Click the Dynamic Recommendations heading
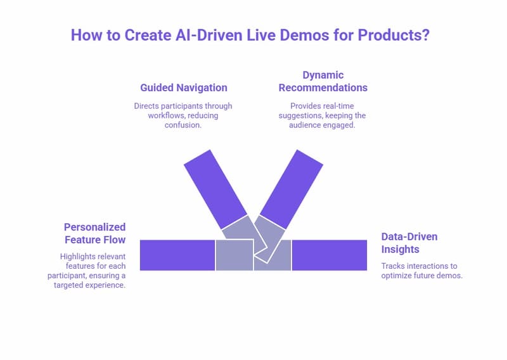(x=323, y=81)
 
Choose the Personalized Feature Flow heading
(x=94, y=233)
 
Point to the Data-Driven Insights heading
(x=409, y=243)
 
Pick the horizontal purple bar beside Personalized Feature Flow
(x=177, y=255)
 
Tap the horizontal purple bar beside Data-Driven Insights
(x=329, y=255)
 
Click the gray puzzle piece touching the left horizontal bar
(x=234, y=255)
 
